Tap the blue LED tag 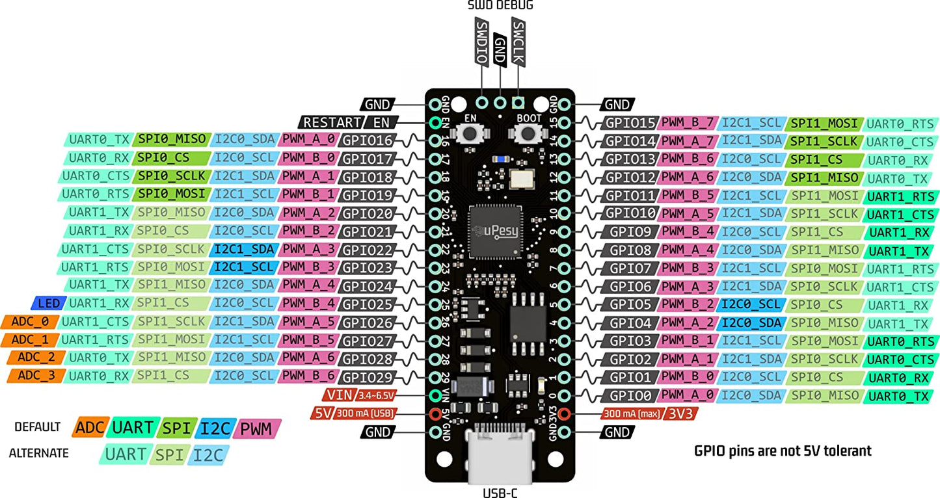point(48,304)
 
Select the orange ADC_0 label point(31,322)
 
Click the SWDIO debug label point(482,42)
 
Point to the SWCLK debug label point(518,42)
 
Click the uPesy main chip point(497,231)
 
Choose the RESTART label point(332,122)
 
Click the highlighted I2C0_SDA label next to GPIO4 point(751,323)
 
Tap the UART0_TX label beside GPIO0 point(901,396)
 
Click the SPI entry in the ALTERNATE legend point(170,454)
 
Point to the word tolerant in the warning point(844,451)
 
